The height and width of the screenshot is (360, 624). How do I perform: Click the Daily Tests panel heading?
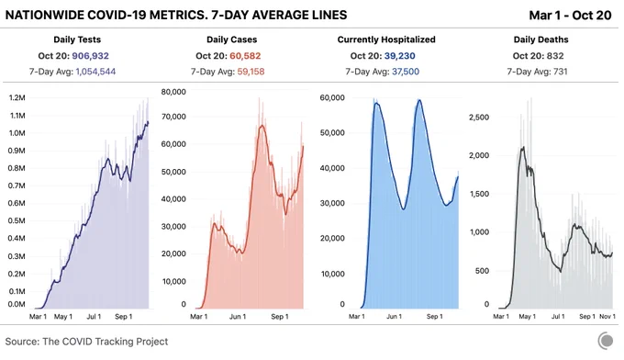tap(77, 39)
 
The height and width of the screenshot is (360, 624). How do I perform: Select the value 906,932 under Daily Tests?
tap(90, 56)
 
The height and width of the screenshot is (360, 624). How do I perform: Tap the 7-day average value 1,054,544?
tap(95, 72)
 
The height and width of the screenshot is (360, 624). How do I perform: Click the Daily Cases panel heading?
tap(231, 39)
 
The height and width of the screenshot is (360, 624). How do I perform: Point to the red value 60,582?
tap(245, 56)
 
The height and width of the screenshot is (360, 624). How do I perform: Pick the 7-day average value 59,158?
tap(251, 72)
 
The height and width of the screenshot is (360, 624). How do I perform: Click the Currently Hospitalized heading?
tap(386, 39)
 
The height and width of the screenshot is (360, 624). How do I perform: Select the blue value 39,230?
tap(399, 56)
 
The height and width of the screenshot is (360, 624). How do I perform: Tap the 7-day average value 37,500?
tap(406, 72)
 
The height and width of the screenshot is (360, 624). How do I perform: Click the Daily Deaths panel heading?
tap(540, 39)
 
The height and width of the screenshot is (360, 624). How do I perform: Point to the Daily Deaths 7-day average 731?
tap(560, 72)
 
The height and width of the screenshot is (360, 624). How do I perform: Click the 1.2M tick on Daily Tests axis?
tap(17, 98)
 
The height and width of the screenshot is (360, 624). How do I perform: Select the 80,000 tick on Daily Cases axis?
tap(173, 92)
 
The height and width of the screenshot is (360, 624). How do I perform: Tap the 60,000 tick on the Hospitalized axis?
tap(332, 97)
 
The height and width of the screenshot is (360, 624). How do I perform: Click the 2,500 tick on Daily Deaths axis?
tap(479, 118)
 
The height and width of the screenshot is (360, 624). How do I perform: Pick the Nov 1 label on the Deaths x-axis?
tap(607, 317)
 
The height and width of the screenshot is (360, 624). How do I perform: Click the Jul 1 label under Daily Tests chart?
tap(94, 317)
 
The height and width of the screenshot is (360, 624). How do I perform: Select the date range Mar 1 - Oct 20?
tap(570, 15)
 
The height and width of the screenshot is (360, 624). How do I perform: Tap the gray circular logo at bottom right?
tap(606, 341)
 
